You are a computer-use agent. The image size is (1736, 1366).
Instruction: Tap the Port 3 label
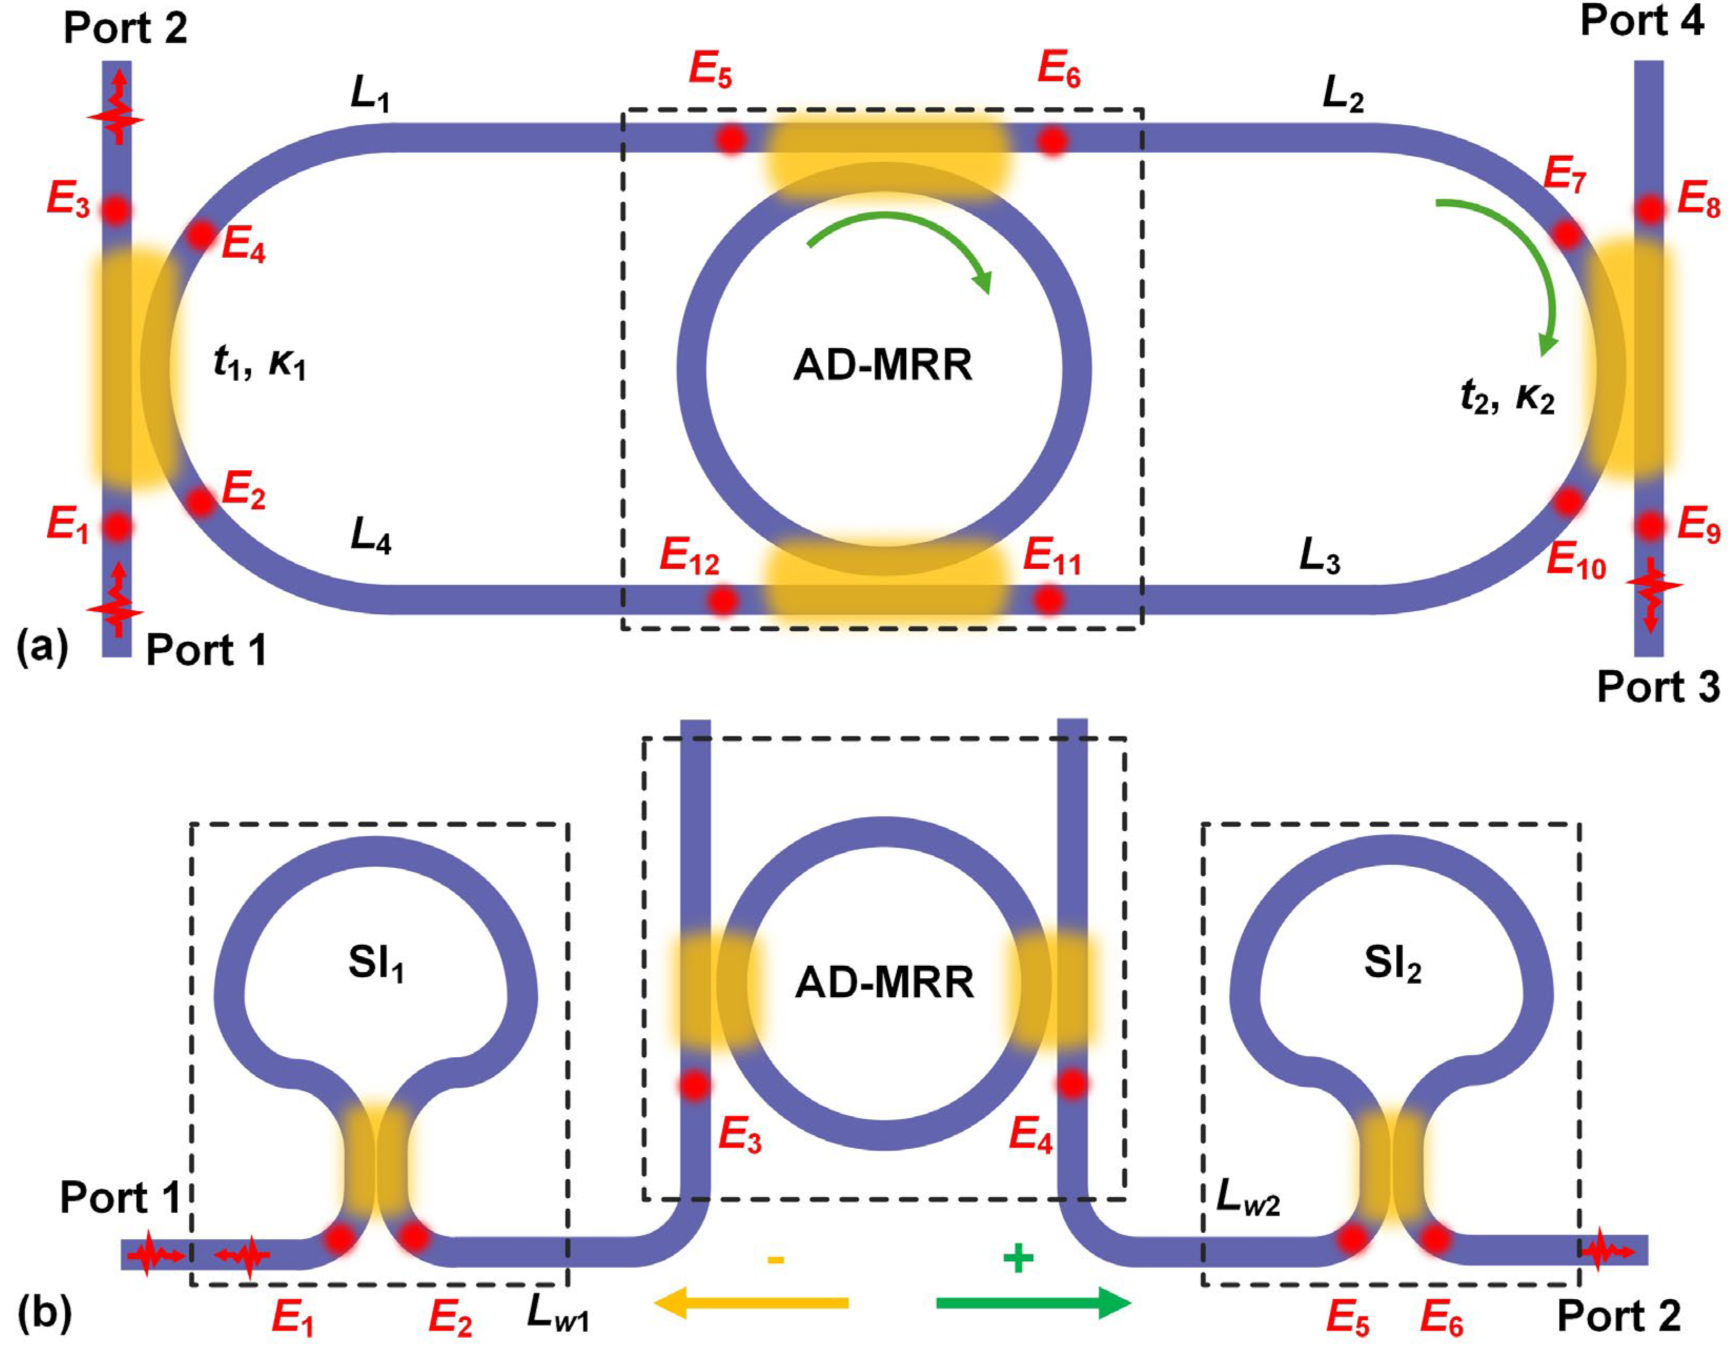[1658, 687]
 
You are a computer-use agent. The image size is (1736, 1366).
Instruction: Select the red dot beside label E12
[724, 600]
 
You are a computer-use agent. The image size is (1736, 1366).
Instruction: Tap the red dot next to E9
[1649, 526]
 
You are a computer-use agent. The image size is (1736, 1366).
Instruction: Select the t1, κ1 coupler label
[260, 364]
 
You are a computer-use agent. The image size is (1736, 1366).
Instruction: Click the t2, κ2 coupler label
[1507, 396]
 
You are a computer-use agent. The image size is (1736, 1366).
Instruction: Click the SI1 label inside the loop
[376, 964]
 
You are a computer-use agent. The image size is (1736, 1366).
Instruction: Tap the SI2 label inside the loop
[1392, 964]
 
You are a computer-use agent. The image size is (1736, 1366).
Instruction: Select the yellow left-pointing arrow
[751, 1303]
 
